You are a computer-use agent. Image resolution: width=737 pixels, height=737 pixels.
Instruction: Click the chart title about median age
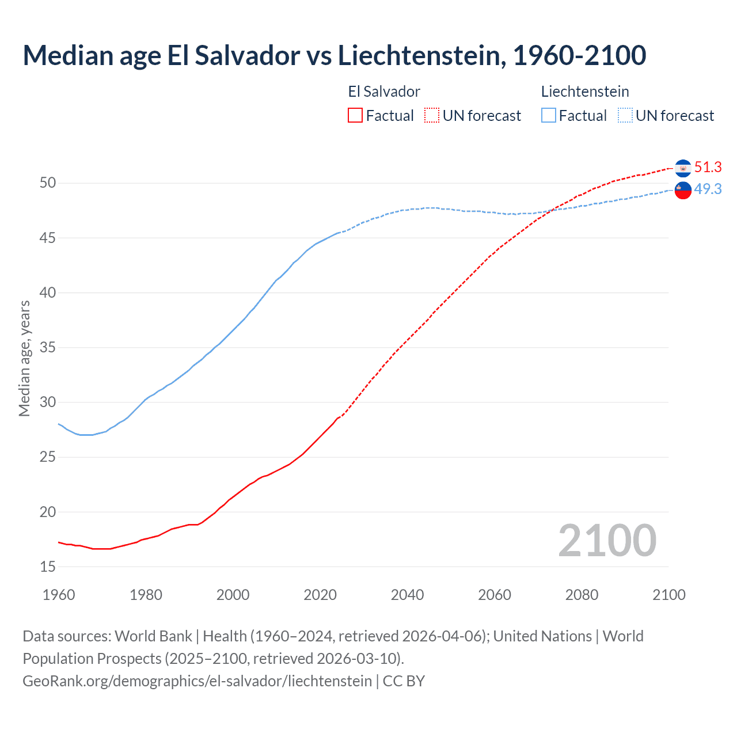(334, 55)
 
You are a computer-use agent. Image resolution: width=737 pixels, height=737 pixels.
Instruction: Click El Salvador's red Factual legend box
(355, 115)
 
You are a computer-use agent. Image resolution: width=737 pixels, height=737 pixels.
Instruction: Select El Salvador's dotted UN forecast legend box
(432, 115)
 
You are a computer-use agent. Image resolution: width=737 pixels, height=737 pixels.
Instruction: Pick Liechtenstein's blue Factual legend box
(549, 115)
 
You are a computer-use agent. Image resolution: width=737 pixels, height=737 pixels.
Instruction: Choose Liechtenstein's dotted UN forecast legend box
(625, 115)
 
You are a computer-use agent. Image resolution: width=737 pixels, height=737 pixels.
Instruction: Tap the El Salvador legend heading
(384, 92)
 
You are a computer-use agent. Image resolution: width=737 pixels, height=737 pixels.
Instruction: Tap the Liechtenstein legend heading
(585, 92)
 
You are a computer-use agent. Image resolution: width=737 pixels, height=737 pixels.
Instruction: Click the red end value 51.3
(708, 168)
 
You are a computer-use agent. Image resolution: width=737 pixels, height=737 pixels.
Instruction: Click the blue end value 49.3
(708, 189)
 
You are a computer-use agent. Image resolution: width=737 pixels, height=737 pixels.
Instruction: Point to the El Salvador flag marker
(683, 168)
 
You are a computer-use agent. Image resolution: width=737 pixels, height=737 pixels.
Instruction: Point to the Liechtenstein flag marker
(683, 190)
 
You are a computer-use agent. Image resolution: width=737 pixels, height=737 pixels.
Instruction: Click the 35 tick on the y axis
(48, 348)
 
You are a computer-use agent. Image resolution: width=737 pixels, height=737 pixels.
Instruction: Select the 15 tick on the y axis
(48, 567)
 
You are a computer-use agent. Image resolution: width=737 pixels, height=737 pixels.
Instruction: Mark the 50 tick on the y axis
(48, 183)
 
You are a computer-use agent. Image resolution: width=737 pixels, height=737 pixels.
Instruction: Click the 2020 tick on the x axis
(320, 595)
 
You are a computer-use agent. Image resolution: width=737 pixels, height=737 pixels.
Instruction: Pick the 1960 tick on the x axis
(59, 595)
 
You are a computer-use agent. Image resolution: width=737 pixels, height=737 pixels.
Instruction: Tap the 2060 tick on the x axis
(495, 595)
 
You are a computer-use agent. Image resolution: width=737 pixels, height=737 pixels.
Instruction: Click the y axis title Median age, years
(24, 358)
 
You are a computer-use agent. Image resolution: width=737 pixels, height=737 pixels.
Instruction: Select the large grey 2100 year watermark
(607, 541)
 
